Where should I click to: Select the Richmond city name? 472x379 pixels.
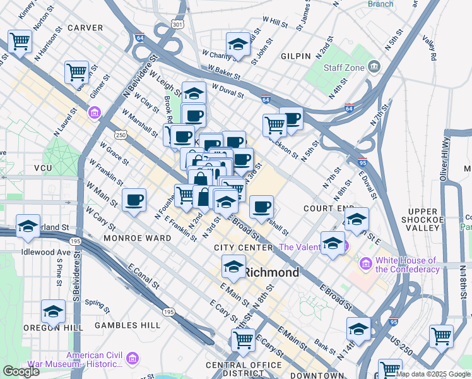point(271,273)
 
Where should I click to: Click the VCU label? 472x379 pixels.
point(43,168)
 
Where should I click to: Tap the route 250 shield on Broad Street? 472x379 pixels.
point(121,135)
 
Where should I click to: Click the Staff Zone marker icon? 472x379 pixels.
point(374,66)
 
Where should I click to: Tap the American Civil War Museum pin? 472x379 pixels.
point(133,359)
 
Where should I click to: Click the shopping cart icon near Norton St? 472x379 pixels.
point(20,42)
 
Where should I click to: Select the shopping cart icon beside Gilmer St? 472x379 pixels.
point(76,72)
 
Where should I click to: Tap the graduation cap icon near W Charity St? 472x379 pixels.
point(238,44)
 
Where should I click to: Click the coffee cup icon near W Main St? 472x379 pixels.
point(134,200)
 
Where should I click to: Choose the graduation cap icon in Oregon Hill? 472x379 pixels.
point(54,311)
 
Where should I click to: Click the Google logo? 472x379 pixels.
point(21,371)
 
